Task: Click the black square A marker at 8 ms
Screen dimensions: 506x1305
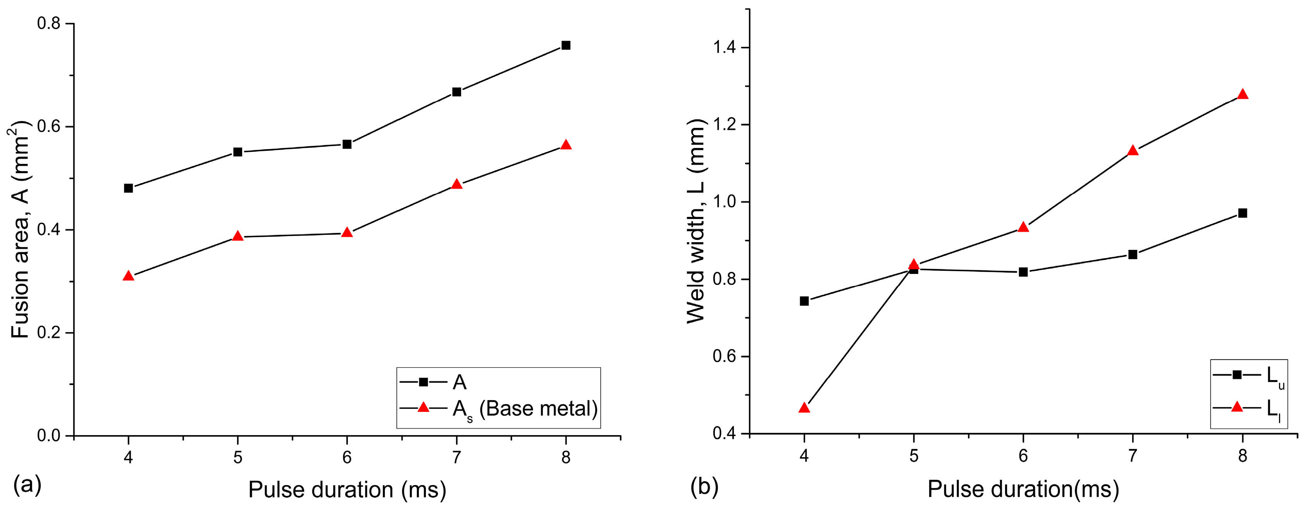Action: coord(566,46)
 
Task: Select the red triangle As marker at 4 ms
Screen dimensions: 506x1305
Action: coord(128,276)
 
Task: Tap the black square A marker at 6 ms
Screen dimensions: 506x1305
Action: coord(347,145)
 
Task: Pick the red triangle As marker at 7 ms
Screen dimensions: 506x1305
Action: coord(456,184)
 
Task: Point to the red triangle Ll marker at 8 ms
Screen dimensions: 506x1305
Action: coord(1242,95)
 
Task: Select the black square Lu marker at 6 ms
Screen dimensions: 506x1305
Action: coord(1023,272)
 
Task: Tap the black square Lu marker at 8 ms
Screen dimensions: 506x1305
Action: coord(1242,213)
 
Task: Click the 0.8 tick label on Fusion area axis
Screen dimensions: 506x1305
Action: coord(49,23)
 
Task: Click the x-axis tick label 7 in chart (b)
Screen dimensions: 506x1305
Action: coord(1132,456)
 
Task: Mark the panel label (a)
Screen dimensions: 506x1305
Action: coord(28,485)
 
